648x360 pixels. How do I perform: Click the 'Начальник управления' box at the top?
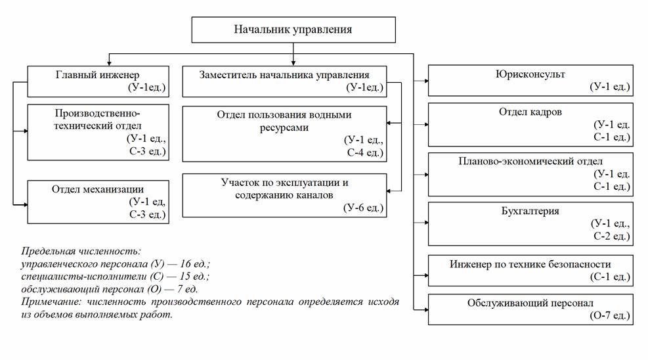[x=293, y=30]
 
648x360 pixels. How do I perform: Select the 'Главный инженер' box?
[x=97, y=80]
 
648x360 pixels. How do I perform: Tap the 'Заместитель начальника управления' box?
[x=284, y=80]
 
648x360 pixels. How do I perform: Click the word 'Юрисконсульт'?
[x=530, y=74]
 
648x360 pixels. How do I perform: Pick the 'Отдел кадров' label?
[x=530, y=112]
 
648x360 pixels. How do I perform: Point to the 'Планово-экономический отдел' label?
[x=530, y=161]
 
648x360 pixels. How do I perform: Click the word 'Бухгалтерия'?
[x=530, y=212]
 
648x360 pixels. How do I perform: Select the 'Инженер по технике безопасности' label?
[x=530, y=264]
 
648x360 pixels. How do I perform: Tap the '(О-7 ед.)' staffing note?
[x=610, y=316]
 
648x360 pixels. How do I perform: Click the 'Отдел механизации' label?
[x=97, y=189]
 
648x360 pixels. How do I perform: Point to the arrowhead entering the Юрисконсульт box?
[x=425, y=81]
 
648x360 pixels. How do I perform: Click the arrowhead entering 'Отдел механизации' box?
[x=25, y=205]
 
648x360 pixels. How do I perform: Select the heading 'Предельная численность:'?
[x=81, y=252]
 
